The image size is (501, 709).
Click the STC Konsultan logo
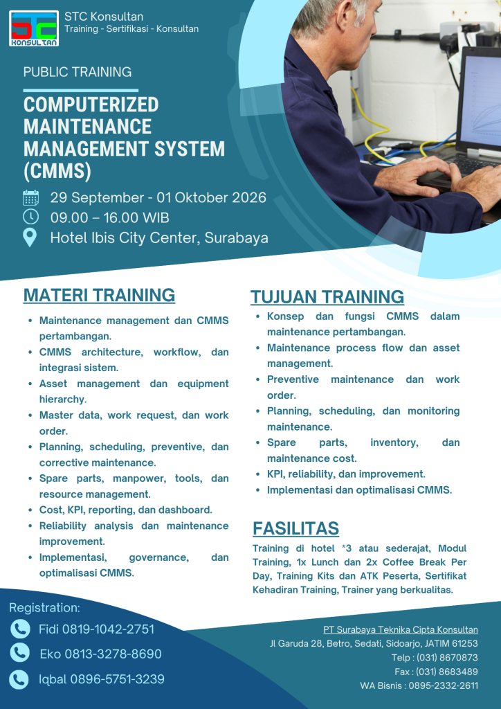[x=34, y=28]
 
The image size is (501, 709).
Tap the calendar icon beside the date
[x=30, y=198]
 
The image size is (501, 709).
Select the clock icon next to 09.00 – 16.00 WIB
[x=30, y=217]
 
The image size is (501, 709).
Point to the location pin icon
[x=30, y=237]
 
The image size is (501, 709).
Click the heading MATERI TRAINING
[x=99, y=295]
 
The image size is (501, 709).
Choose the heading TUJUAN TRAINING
[x=327, y=296]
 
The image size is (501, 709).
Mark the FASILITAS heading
[x=296, y=528]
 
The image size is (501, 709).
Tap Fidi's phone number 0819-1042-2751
[x=108, y=629]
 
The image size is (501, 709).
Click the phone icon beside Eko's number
[x=20, y=653]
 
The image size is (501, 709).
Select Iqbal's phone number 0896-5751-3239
[x=117, y=679]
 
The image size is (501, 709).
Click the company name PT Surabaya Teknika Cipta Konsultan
[x=400, y=629]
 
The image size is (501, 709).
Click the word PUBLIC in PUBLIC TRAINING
[x=45, y=72]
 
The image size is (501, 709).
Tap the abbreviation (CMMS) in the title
[x=57, y=171]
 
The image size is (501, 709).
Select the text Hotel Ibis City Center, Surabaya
[x=159, y=237]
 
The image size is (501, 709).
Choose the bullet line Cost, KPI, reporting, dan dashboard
[x=125, y=510]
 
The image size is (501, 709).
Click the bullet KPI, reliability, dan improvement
[x=346, y=474]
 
